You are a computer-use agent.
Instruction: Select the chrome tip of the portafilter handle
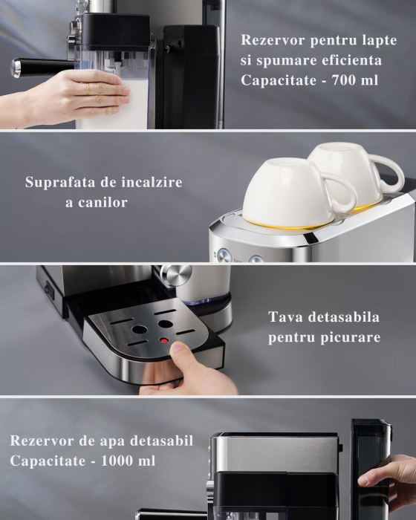coord(16,68)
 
